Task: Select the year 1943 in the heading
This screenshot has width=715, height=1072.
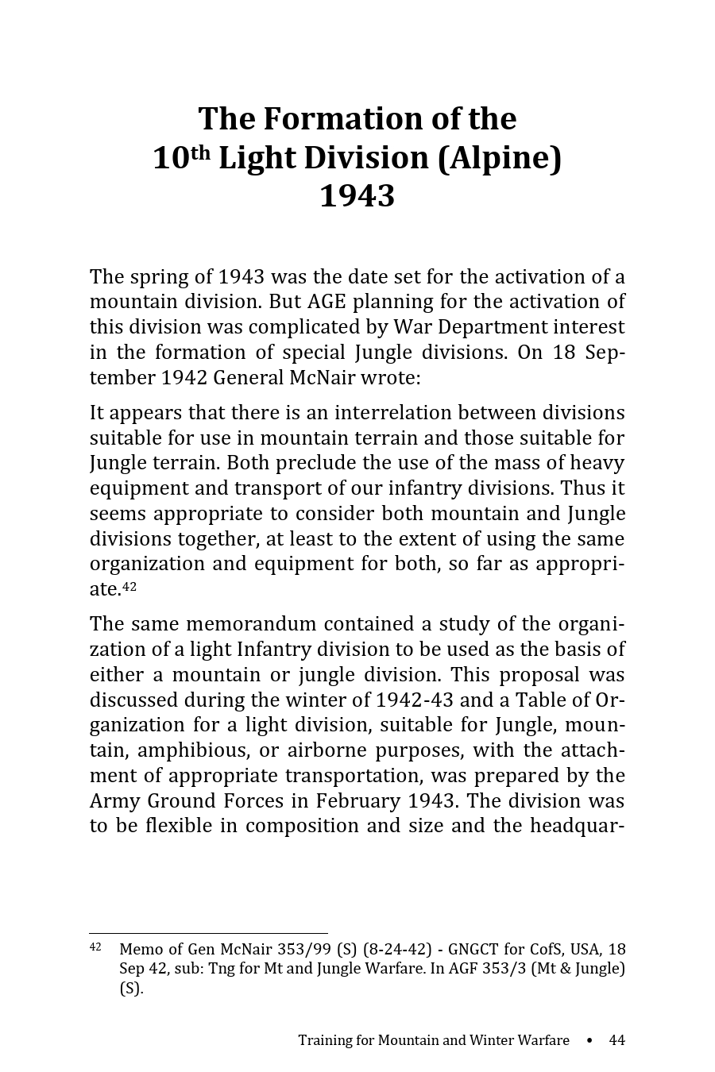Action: [357, 195]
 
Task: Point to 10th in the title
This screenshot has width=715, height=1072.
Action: [180, 157]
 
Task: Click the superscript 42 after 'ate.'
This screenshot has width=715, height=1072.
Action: [129, 587]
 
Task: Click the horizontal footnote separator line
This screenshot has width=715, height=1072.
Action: [208, 933]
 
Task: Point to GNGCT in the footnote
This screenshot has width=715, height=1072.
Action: [474, 950]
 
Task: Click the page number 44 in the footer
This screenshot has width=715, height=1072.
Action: [616, 1040]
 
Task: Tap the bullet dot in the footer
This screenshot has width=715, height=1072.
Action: [589, 1040]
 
